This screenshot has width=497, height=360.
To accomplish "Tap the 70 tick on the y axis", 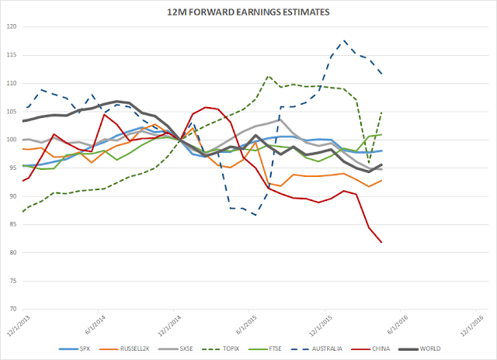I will coord(14,309).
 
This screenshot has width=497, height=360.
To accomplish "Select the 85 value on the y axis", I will coord(14,224).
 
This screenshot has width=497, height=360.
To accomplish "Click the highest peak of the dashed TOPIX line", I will coord(268,77).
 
